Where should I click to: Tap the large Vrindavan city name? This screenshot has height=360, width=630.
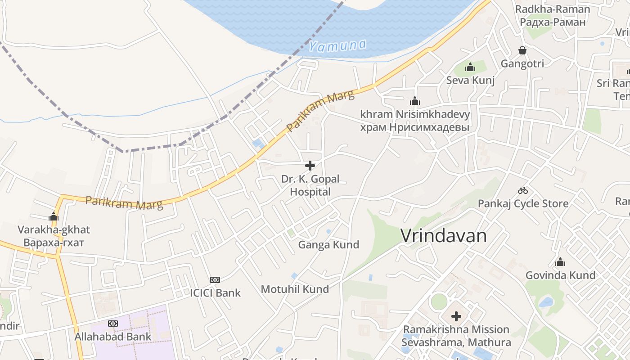pos(443,236)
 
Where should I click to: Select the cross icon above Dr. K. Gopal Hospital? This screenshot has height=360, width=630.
pos(310,166)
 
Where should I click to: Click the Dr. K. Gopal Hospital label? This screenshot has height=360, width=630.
pos(310,185)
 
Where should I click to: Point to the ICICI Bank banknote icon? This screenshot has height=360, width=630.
pos(215,280)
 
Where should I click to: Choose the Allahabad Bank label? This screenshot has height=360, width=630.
pos(113,337)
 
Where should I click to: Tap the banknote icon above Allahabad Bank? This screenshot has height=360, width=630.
pos(113,324)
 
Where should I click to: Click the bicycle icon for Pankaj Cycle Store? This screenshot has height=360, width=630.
pos(522,190)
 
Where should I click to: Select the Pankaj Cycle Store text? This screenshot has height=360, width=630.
pos(523,203)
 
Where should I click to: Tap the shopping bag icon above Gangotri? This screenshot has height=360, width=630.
pos(522,50)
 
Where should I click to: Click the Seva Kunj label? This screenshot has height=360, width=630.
pos(470,81)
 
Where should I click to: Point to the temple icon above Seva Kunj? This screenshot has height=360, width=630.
pos(470,67)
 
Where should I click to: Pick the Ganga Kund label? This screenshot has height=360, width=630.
pos(329,245)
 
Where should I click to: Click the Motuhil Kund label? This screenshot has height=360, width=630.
pos(295,289)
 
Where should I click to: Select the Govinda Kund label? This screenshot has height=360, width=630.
pos(560,275)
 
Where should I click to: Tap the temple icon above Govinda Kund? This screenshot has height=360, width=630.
pos(560,262)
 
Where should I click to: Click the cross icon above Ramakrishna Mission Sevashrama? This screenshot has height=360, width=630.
pos(456,316)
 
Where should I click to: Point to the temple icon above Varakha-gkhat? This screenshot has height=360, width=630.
pos(54,216)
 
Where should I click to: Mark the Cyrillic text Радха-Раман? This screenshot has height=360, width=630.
pos(553,22)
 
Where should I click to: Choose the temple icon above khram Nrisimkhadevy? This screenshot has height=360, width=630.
pos(415,101)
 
